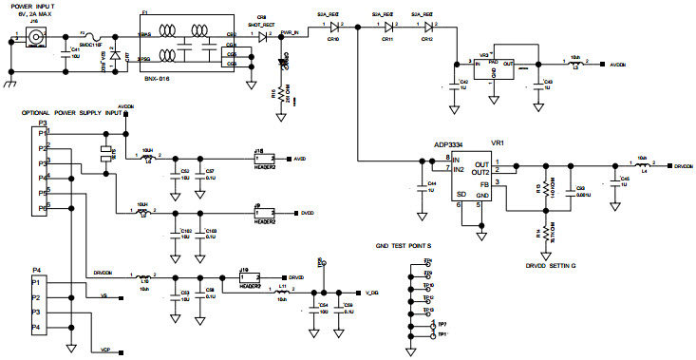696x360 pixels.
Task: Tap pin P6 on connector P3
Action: tap(40, 206)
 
